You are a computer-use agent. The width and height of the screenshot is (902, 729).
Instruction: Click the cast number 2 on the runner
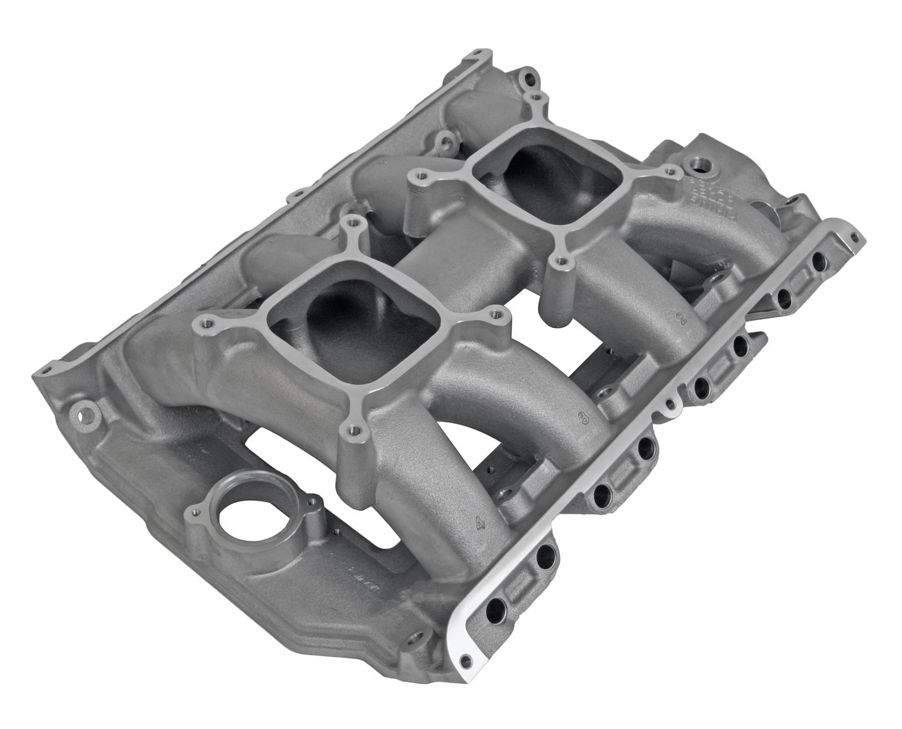click(x=682, y=319)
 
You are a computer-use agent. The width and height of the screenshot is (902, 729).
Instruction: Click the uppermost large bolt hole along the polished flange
click(x=816, y=261)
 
